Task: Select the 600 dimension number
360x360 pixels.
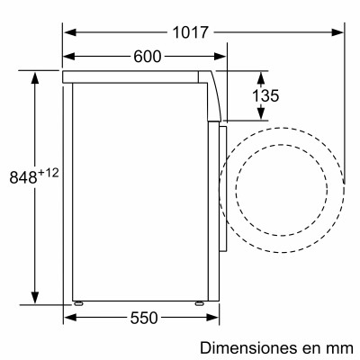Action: point(147,57)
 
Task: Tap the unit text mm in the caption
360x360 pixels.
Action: point(340,346)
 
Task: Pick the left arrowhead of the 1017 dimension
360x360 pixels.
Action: point(68,32)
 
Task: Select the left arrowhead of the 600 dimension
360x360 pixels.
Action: point(68,57)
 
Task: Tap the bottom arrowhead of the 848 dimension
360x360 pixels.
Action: point(35,299)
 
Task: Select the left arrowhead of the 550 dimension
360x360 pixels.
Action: point(68,318)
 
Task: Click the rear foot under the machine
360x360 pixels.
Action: point(79,302)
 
